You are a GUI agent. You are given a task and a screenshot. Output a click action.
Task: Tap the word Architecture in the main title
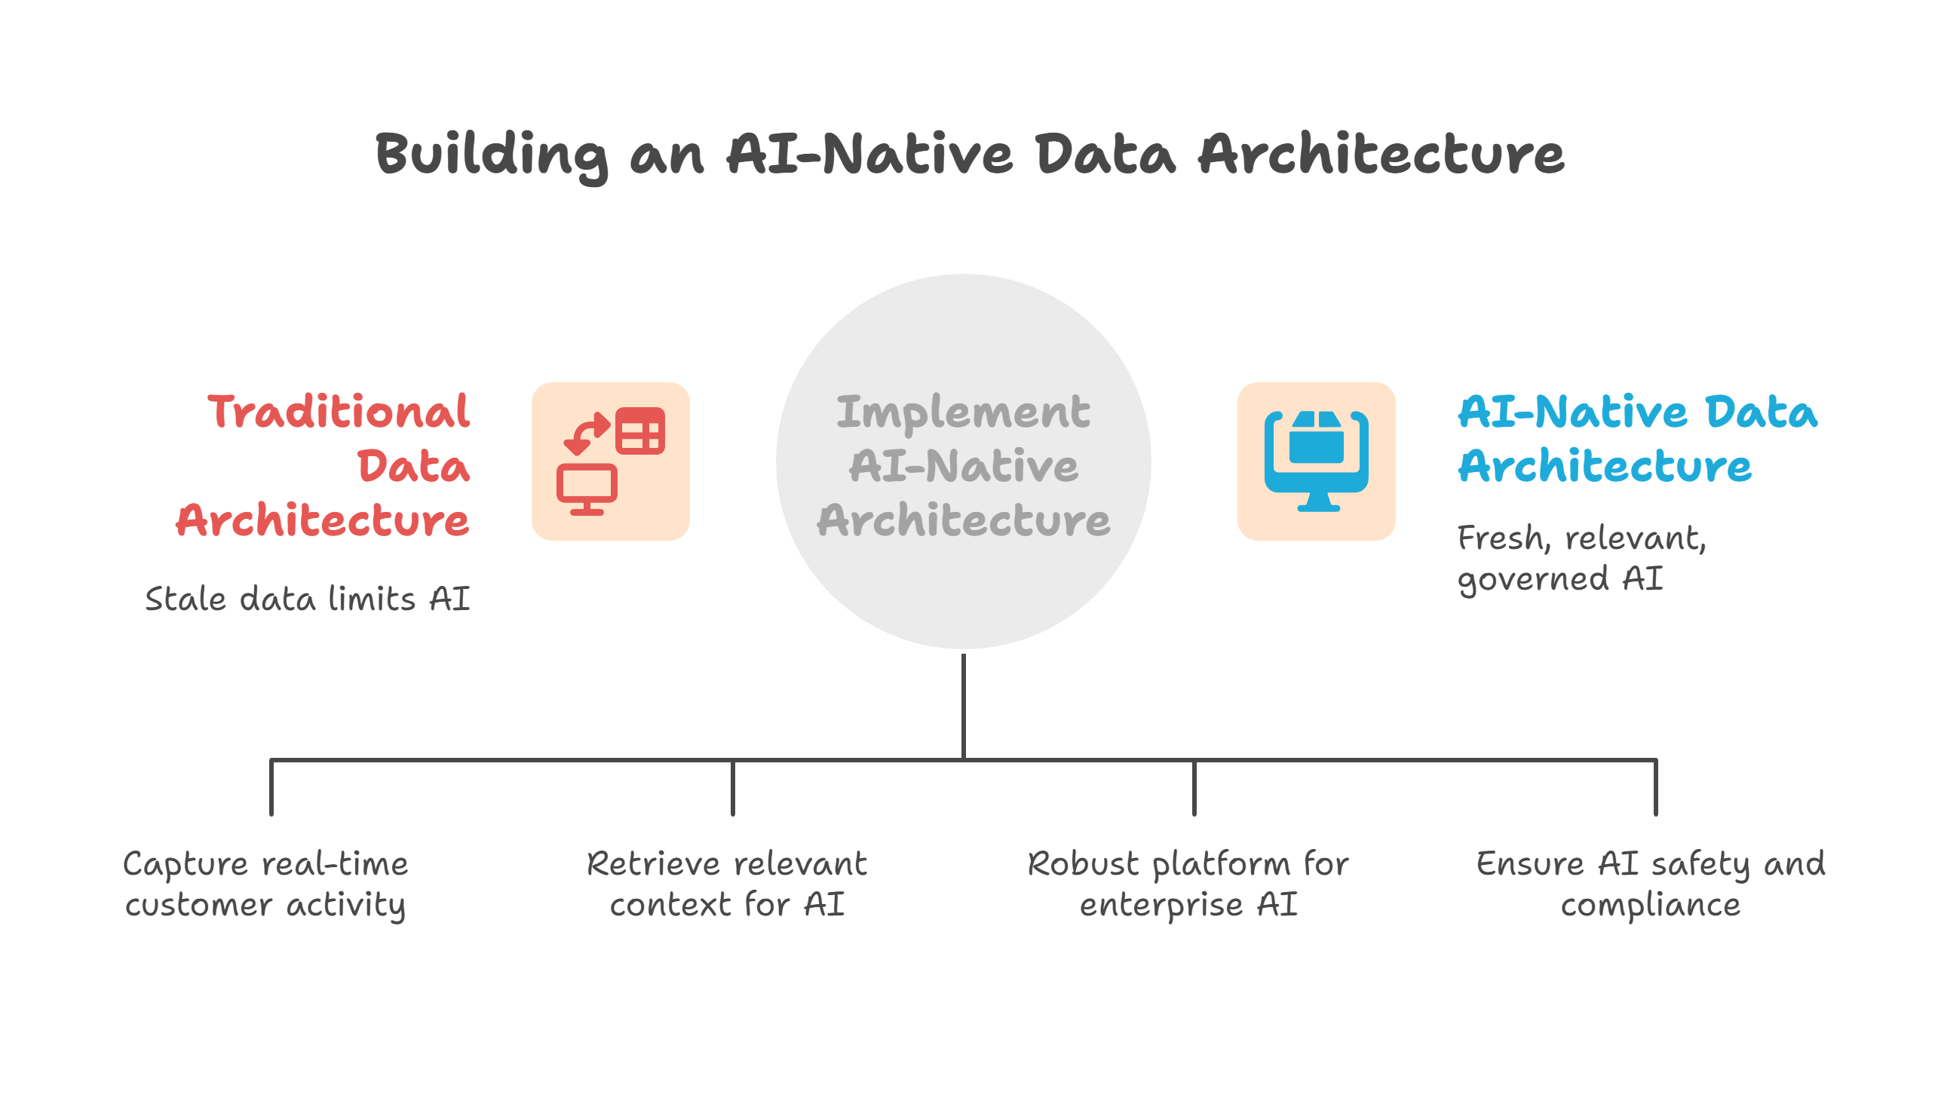[x=1381, y=155]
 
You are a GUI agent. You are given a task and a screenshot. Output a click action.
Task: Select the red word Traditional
[x=338, y=412]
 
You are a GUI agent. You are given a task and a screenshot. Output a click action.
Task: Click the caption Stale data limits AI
[x=308, y=599]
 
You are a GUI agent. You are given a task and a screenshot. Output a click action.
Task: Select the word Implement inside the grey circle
[x=963, y=412]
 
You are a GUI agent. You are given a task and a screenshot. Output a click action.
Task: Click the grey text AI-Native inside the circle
[x=963, y=465]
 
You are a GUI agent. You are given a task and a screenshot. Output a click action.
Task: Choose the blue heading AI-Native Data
[x=1637, y=412]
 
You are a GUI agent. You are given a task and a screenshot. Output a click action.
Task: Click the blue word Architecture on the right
[x=1604, y=465]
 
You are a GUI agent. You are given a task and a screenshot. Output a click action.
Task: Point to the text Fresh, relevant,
[x=1581, y=538]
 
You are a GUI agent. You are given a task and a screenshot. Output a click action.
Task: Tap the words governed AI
[x=1559, y=578]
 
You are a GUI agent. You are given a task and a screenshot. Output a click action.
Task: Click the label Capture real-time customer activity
[x=265, y=884]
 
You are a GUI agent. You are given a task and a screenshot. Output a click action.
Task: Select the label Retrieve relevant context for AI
[x=726, y=884]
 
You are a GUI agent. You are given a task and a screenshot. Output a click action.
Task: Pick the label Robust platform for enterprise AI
[x=1188, y=884]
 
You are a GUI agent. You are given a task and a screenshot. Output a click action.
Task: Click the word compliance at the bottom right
[x=1650, y=905]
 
